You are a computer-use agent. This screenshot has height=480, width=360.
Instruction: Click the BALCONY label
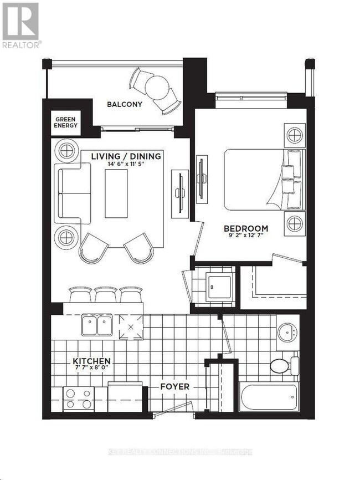click(125, 104)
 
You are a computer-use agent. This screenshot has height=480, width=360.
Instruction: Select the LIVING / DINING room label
click(126, 156)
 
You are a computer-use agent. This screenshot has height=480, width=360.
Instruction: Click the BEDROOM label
click(246, 228)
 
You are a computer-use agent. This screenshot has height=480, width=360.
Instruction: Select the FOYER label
click(175, 386)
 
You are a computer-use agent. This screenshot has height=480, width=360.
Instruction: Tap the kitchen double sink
click(97, 325)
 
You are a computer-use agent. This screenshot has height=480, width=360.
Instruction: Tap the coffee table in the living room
click(116, 193)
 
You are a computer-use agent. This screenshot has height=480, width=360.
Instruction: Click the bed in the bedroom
click(260, 180)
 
